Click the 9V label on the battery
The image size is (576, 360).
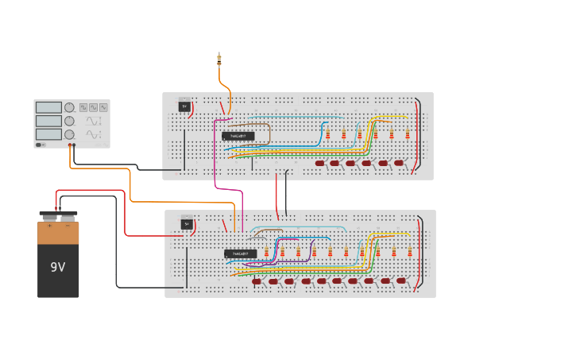(58, 267)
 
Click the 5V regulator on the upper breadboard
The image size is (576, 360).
(184, 106)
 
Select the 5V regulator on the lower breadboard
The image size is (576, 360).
(187, 223)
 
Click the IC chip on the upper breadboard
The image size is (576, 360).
(238, 136)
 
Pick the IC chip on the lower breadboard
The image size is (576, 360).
(240, 254)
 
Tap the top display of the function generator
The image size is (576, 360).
(48, 107)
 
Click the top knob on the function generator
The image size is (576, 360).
(69, 107)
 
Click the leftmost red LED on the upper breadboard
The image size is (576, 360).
(320, 164)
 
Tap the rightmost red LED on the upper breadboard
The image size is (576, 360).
(399, 164)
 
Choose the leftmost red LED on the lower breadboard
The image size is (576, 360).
(257, 281)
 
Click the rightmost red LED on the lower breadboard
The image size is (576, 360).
(401, 281)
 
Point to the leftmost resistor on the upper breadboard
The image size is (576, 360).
(327, 134)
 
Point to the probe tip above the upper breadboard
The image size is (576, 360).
(219, 57)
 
